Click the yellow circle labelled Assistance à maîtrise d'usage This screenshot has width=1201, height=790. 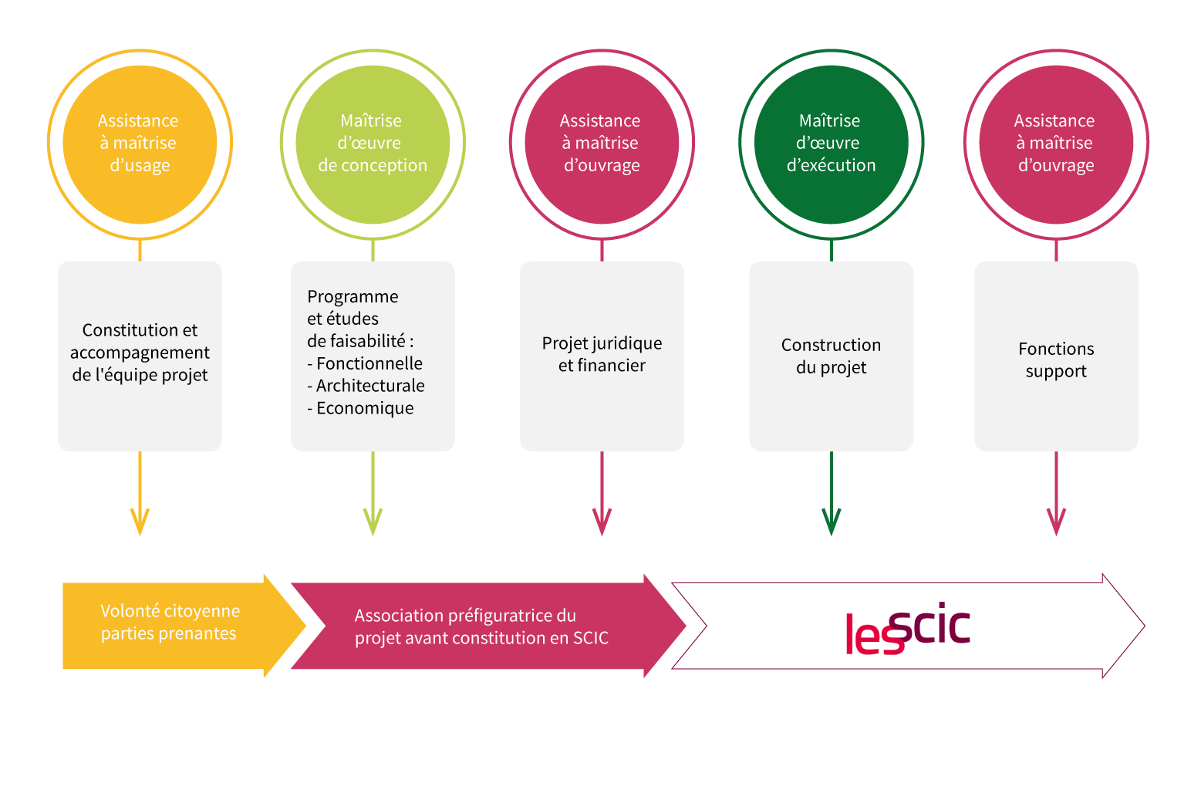[140, 143]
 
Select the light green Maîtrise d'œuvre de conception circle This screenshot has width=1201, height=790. [373, 143]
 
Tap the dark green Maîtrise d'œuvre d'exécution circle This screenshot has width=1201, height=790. [831, 143]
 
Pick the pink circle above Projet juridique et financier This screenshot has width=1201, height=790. [602, 143]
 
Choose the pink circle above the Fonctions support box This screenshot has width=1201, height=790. [1056, 143]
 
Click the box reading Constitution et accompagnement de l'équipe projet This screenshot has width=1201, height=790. [140, 355]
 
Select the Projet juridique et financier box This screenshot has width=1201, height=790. [602, 355]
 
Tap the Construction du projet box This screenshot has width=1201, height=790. [831, 356]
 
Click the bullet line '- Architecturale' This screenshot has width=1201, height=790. [366, 386]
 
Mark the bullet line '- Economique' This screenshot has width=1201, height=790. [360, 408]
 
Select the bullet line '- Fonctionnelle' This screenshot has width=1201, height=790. [365, 363]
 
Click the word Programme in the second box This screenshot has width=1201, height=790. [353, 296]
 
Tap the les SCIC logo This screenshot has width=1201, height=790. [908, 629]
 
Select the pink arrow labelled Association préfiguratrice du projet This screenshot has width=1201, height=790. [478, 626]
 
